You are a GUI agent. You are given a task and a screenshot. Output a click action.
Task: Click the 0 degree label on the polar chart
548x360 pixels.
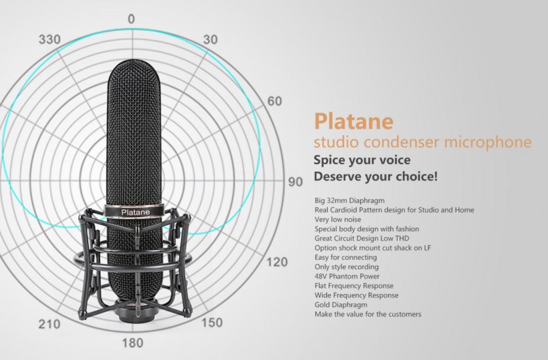[x=131, y=19]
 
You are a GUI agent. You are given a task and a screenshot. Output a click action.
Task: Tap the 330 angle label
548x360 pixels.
[x=49, y=39]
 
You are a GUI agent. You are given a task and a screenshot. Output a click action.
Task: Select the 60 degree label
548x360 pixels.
[x=275, y=102]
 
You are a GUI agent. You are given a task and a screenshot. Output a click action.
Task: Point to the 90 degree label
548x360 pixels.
[x=295, y=182]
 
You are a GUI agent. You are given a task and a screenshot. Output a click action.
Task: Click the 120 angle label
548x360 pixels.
[x=277, y=262]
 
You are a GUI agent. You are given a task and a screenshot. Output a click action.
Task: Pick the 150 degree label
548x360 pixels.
[x=212, y=323]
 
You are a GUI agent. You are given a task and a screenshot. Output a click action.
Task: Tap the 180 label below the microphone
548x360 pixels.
[x=133, y=343]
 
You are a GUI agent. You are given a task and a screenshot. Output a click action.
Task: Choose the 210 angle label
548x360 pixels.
[x=49, y=324]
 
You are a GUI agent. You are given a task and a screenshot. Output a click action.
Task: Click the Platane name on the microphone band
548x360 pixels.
[x=136, y=212]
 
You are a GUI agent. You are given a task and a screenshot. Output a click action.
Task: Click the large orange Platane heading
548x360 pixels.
[x=354, y=121]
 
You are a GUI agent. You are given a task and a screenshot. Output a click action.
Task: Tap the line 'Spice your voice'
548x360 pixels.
[x=362, y=160]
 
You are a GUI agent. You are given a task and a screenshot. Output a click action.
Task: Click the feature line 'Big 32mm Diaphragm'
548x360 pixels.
[x=350, y=201]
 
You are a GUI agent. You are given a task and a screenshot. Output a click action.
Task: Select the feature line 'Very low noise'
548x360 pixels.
[x=338, y=219]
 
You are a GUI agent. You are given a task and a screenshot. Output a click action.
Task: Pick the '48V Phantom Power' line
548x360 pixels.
[x=347, y=277]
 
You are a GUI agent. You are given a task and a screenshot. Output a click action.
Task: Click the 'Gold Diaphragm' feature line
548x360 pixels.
[x=341, y=305]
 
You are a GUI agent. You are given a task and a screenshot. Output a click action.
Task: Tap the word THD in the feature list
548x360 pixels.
[x=402, y=238]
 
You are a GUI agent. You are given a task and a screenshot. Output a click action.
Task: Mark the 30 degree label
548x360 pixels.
[x=211, y=39]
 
